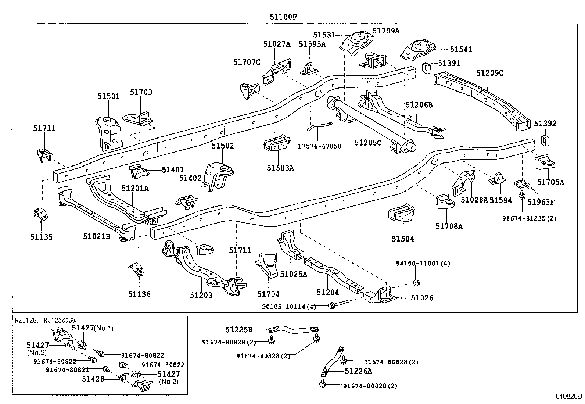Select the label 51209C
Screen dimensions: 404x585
click(x=490, y=73)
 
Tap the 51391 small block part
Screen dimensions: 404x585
click(x=426, y=68)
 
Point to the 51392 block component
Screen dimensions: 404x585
click(x=545, y=140)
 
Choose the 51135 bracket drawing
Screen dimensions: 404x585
click(x=42, y=214)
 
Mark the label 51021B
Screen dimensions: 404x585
click(x=96, y=237)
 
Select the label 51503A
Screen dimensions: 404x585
click(x=280, y=168)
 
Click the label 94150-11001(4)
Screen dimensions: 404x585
click(x=423, y=264)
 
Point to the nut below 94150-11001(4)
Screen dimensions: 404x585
click(x=416, y=283)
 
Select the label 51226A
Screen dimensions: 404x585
click(x=358, y=371)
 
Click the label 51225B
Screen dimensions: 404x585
click(x=239, y=330)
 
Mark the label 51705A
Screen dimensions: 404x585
click(x=550, y=182)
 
